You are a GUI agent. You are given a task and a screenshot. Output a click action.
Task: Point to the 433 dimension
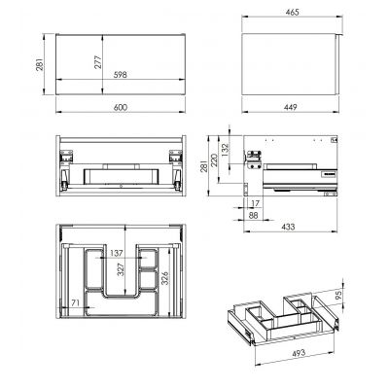coord(288,226)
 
